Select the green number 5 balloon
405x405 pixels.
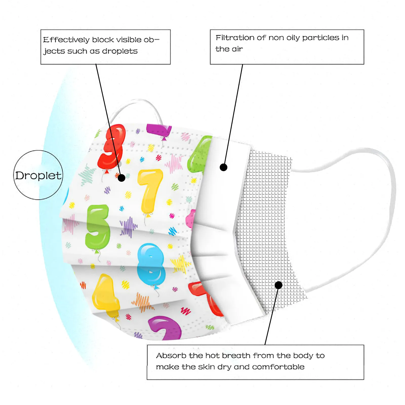tap(97, 227)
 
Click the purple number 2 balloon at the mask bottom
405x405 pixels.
tap(166, 328)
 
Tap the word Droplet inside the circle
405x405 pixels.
tap(38, 175)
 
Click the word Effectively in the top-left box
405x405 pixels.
tap(66, 40)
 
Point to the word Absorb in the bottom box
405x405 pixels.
tap(171, 356)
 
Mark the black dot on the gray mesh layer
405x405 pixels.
tap(278, 285)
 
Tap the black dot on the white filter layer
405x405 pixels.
tap(224, 167)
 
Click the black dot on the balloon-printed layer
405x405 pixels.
tap(121, 178)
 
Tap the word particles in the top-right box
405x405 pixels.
tap(320, 38)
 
